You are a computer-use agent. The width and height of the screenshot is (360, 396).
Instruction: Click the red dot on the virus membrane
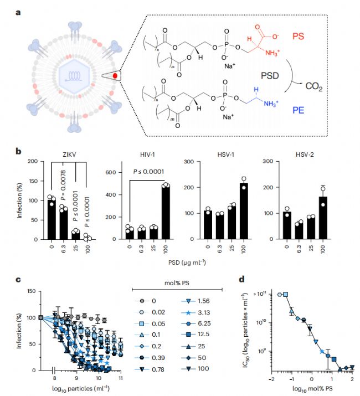(116, 76)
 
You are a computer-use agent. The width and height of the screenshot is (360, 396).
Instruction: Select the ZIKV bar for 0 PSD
(52, 218)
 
